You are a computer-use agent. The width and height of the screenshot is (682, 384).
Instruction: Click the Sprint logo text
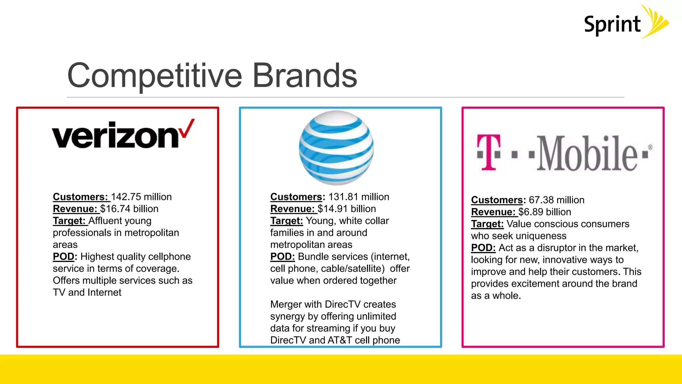tap(612, 25)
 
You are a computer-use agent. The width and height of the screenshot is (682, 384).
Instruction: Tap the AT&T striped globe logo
tap(336, 148)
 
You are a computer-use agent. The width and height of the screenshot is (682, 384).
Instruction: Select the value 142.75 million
tap(141, 197)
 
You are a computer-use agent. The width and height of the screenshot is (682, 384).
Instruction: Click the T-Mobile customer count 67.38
tap(541, 200)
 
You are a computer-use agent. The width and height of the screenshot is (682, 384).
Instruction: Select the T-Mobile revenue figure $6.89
tap(531, 212)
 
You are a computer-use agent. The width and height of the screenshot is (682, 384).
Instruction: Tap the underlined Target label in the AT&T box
tap(286, 221)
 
